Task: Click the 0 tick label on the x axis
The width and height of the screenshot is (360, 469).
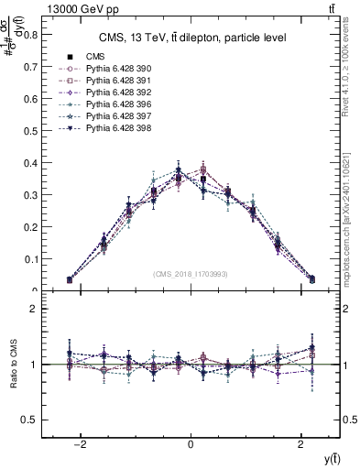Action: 191,444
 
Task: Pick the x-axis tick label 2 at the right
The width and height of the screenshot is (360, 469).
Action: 301,444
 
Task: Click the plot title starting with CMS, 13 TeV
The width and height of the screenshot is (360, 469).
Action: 191,38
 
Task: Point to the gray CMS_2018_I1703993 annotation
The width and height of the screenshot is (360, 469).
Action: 191,274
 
